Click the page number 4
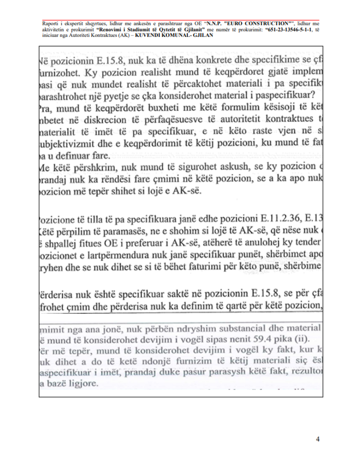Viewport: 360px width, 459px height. tap(318, 439)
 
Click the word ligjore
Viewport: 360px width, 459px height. tap(83, 384)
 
